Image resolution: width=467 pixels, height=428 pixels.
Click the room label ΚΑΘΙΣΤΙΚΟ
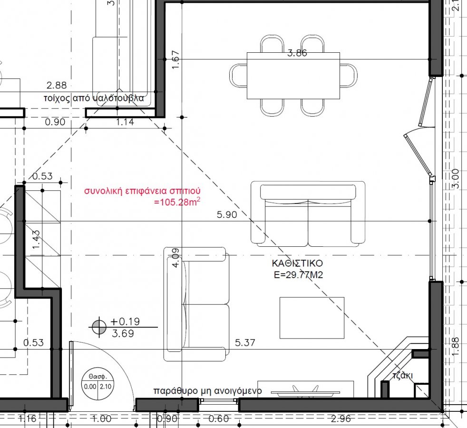click(297, 263)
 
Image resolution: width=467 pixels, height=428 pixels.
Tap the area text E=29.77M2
click(298, 274)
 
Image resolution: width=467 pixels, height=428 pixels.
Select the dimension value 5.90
click(227, 214)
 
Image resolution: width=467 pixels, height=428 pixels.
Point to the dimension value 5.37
click(245, 342)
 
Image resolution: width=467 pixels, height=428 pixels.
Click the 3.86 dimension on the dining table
click(297, 53)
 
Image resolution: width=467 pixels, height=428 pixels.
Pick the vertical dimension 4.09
click(176, 258)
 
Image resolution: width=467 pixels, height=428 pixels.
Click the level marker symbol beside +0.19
click(99, 327)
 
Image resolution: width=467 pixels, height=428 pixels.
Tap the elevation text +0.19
click(125, 321)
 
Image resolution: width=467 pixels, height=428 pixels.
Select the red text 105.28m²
click(177, 202)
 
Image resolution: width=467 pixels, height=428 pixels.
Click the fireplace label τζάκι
click(402, 375)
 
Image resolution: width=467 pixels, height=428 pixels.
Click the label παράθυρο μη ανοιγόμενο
click(208, 390)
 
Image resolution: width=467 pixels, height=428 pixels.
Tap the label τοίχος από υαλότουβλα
click(94, 98)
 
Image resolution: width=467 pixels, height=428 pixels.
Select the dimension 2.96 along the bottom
click(341, 419)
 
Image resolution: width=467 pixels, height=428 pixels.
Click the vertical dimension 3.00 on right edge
click(456, 179)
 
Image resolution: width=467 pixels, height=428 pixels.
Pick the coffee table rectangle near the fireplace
click(312, 318)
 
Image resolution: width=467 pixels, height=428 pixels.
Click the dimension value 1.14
click(125, 122)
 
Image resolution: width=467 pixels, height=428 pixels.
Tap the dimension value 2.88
click(57, 86)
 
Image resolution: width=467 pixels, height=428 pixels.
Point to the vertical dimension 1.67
click(176, 59)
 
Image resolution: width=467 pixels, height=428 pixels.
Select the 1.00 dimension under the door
click(102, 419)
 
